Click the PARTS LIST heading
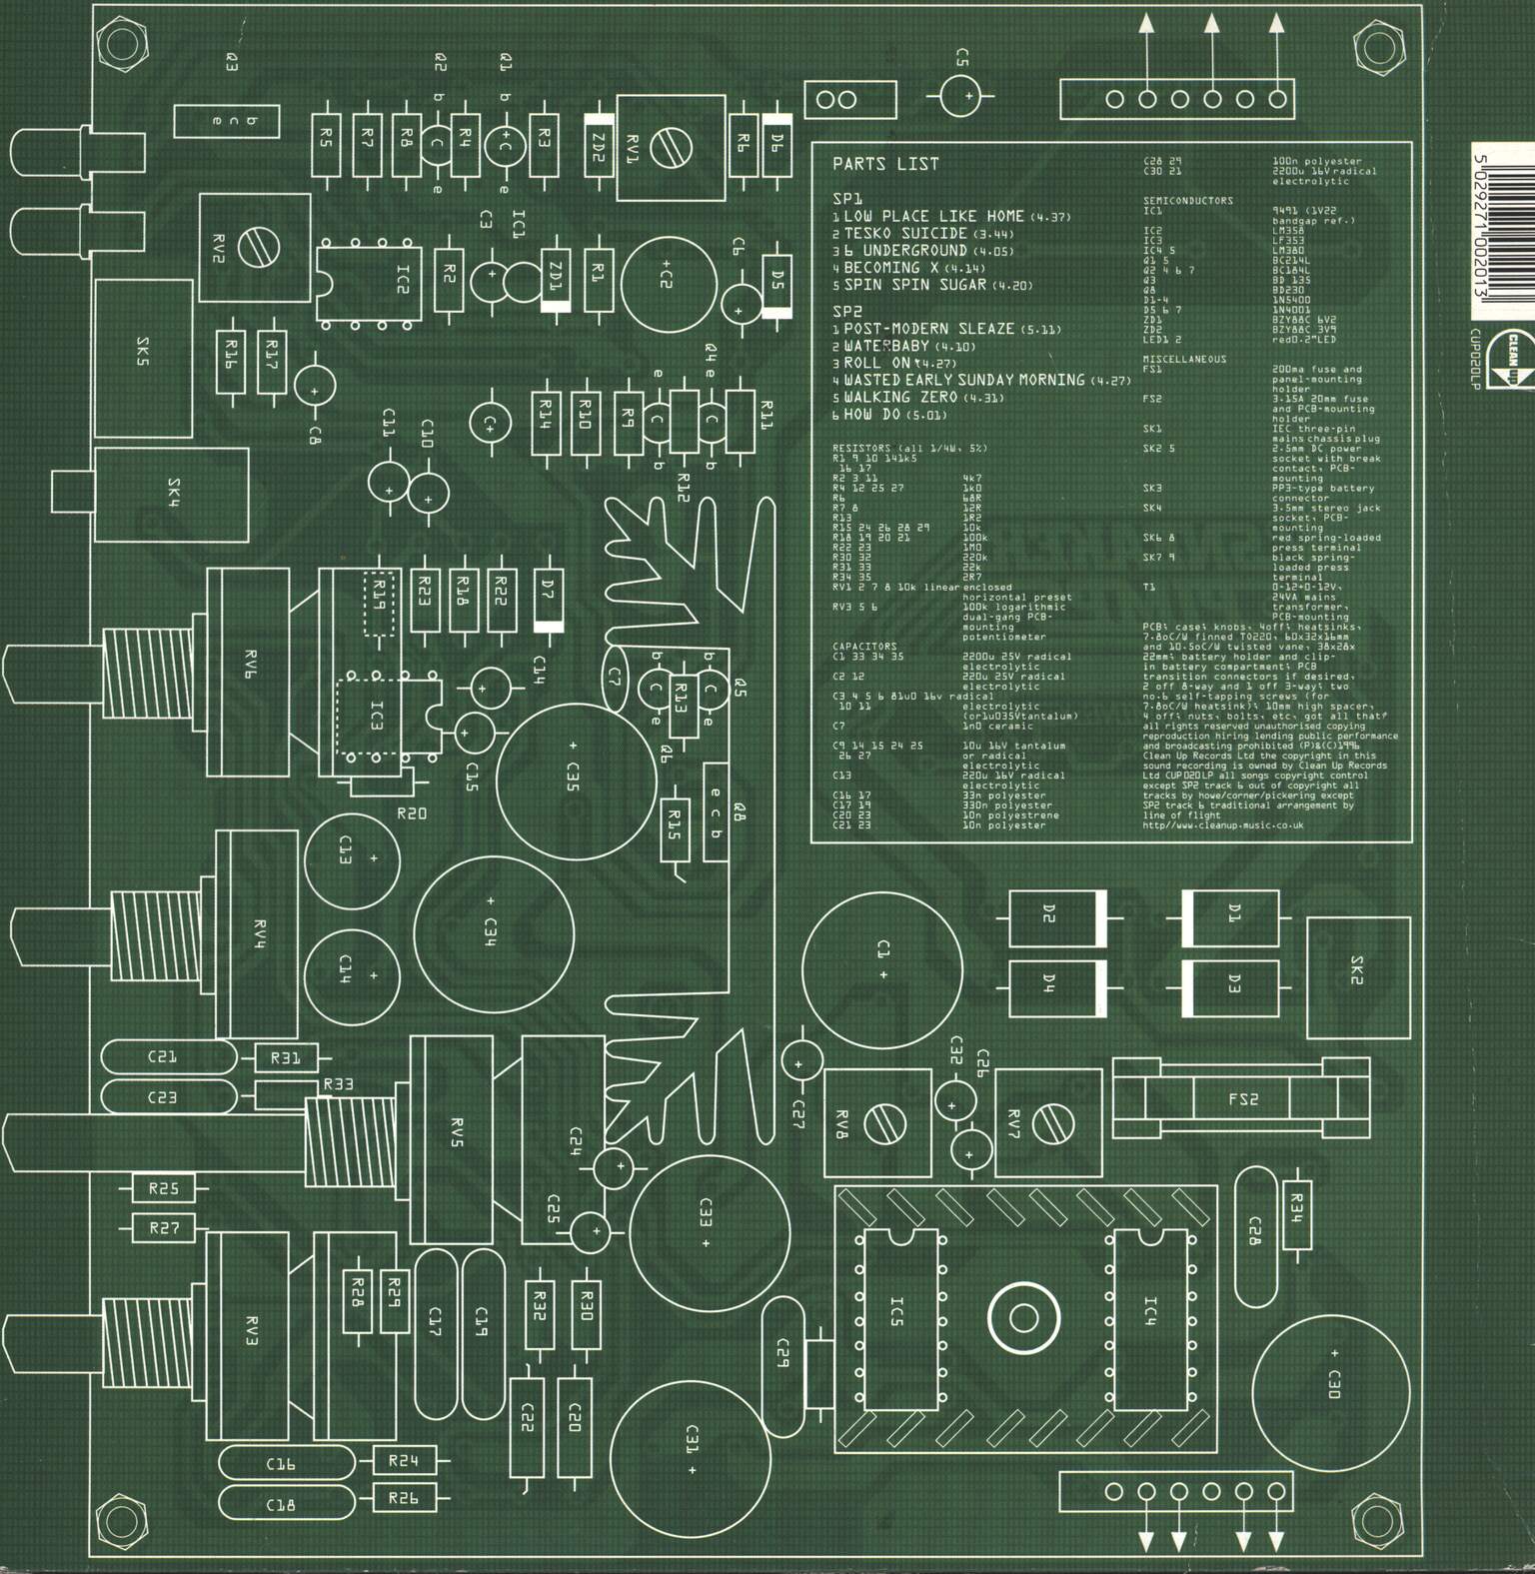[x=885, y=164]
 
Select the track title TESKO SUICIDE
[x=905, y=233]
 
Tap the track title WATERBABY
[x=886, y=346]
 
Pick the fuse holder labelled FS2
[x=1242, y=1100]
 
